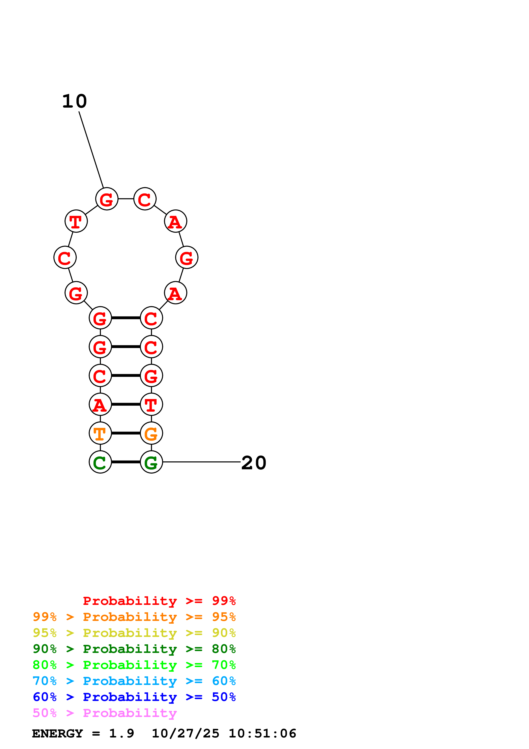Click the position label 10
tap(75, 101)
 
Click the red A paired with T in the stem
tap(100, 405)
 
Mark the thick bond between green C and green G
tap(126, 462)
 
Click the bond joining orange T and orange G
tap(126, 433)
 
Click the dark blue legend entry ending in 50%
tap(134, 697)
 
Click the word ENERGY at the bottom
tap(57, 734)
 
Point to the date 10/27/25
tap(185, 734)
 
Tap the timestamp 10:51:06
tap(262, 734)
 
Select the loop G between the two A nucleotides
tap(187, 258)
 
